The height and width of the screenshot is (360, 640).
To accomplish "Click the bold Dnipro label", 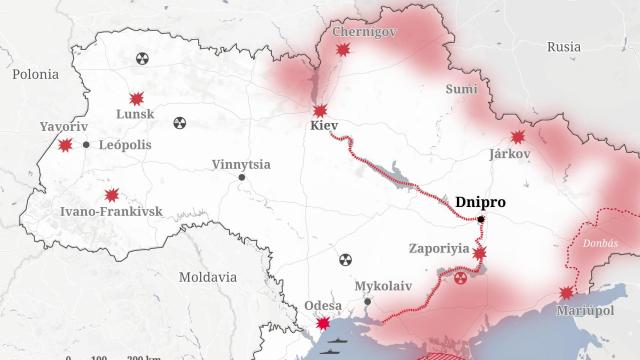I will coord(480,202).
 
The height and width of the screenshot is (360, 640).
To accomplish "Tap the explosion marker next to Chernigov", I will coord(343,49).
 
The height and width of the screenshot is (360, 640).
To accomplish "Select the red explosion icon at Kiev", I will coord(320,111).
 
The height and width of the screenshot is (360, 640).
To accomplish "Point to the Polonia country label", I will coord(35,74).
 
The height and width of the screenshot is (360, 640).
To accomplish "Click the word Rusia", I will coord(564,47).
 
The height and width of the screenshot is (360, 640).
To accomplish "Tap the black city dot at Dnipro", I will coord(481,219).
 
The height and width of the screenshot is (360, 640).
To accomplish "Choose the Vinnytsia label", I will coord(241,164).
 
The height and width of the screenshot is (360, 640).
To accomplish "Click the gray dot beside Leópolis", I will coord(87,145).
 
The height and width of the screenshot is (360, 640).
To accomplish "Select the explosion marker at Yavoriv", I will coord(66,145).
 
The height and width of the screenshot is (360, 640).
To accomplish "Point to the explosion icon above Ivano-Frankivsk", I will coord(112,195).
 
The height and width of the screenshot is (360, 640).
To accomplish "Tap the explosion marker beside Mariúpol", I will coord(567,293).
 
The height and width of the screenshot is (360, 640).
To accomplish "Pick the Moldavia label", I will coord(208,276).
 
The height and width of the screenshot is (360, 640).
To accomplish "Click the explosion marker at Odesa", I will coord(323,324).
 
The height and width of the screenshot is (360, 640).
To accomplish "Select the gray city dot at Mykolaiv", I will coord(368,301).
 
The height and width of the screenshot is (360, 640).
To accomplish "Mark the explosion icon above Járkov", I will coord(518,137).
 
